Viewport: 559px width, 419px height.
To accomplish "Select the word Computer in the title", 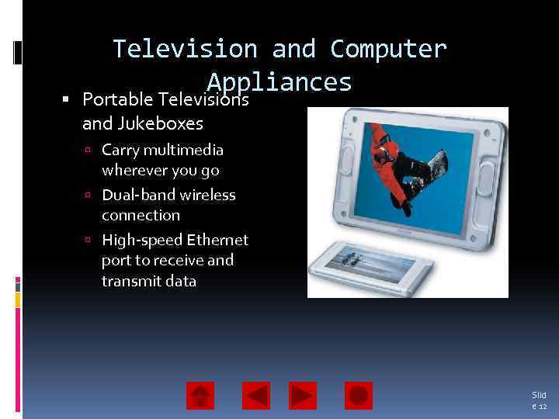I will click(388, 49).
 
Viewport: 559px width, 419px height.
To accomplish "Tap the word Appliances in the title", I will click(279, 82).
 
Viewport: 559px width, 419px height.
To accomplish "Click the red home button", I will click(200, 396).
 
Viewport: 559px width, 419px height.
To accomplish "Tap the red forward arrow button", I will click(303, 396).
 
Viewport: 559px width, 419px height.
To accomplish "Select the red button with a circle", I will click(359, 396).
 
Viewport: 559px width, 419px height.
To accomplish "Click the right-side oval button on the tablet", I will click(485, 178).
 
